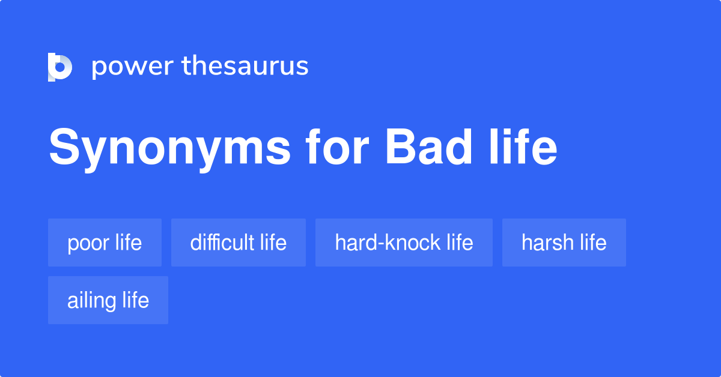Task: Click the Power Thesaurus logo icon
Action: [60, 67]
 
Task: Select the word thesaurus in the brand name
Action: [245, 67]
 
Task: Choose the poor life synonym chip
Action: [105, 243]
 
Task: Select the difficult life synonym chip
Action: [238, 243]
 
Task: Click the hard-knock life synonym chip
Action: [404, 243]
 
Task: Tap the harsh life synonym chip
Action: [564, 243]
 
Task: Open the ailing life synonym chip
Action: [108, 300]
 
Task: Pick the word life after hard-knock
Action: [460, 243]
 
